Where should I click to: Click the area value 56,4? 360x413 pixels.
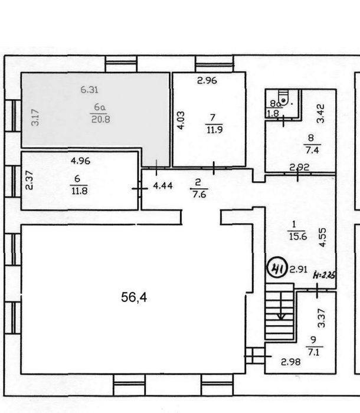tap(134, 297)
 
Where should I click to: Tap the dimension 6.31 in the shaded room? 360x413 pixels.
tap(89, 90)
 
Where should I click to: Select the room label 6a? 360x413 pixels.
tap(100, 107)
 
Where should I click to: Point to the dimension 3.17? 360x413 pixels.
tap(35, 117)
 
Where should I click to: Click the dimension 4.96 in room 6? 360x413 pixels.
tap(81, 160)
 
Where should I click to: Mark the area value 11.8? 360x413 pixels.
tap(79, 190)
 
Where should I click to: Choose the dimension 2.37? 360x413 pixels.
tap(29, 180)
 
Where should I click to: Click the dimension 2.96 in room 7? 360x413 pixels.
tap(207, 80)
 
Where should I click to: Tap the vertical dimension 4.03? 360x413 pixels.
tap(181, 120)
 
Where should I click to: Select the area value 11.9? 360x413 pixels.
tap(214, 130)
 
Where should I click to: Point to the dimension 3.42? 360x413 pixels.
tap(320, 114)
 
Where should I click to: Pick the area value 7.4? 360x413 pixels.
tap(312, 150)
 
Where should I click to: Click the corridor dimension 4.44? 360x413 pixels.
tap(163, 186)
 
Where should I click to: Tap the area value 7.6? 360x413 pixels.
tap(199, 194)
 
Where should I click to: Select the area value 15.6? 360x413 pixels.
tap(298, 236)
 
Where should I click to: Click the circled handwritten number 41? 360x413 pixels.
tap(277, 270)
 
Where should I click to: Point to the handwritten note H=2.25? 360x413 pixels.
tap(324, 276)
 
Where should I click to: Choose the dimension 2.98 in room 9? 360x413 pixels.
tap(291, 362)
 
